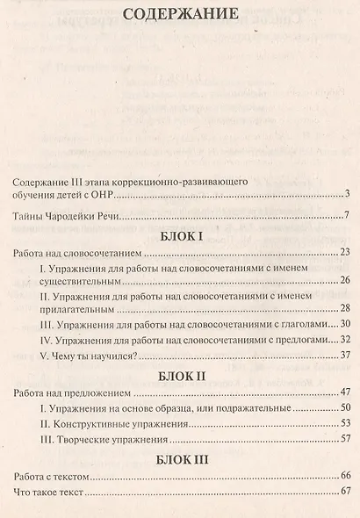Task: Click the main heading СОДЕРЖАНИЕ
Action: coord(180,15)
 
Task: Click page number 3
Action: coord(348,194)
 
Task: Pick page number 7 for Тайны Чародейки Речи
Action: coord(348,216)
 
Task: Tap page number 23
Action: coord(345,253)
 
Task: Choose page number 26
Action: coord(345,280)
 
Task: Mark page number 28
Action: coord(345,308)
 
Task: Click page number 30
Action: coord(345,324)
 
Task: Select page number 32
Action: coord(345,339)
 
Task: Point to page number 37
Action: coord(345,355)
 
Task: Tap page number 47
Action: coord(345,392)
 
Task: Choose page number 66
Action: coord(345,476)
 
